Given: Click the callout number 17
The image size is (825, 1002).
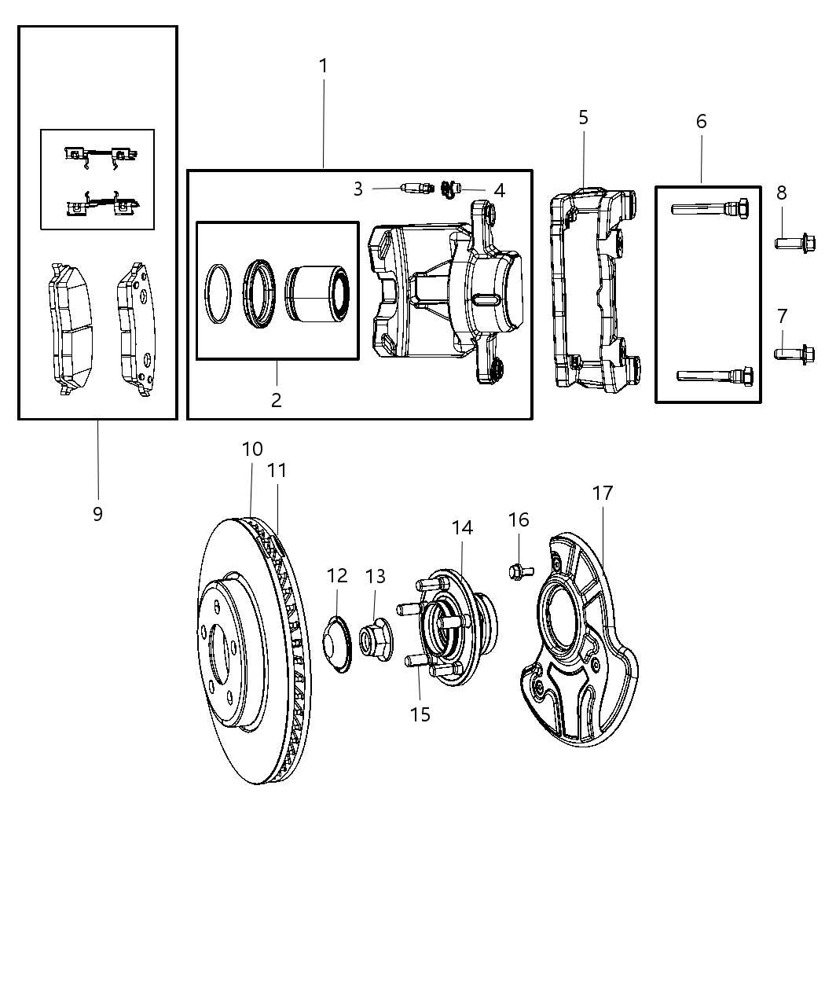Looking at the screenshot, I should (x=603, y=494).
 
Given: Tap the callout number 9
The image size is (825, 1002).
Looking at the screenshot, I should (x=97, y=514).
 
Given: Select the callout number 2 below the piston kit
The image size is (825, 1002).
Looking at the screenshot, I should (x=276, y=400).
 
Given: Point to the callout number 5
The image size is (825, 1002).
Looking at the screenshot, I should (x=583, y=118).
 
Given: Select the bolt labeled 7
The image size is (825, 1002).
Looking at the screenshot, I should (x=794, y=354).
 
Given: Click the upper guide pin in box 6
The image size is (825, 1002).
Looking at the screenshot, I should (x=709, y=209).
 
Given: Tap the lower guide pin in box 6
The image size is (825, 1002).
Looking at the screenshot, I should (x=715, y=375).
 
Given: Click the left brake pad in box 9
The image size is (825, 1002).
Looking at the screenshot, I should (x=70, y=328).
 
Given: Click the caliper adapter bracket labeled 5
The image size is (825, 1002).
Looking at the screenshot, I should (x=593, y=291).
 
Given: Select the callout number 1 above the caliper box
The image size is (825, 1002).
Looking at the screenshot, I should (x=323, y=67).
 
